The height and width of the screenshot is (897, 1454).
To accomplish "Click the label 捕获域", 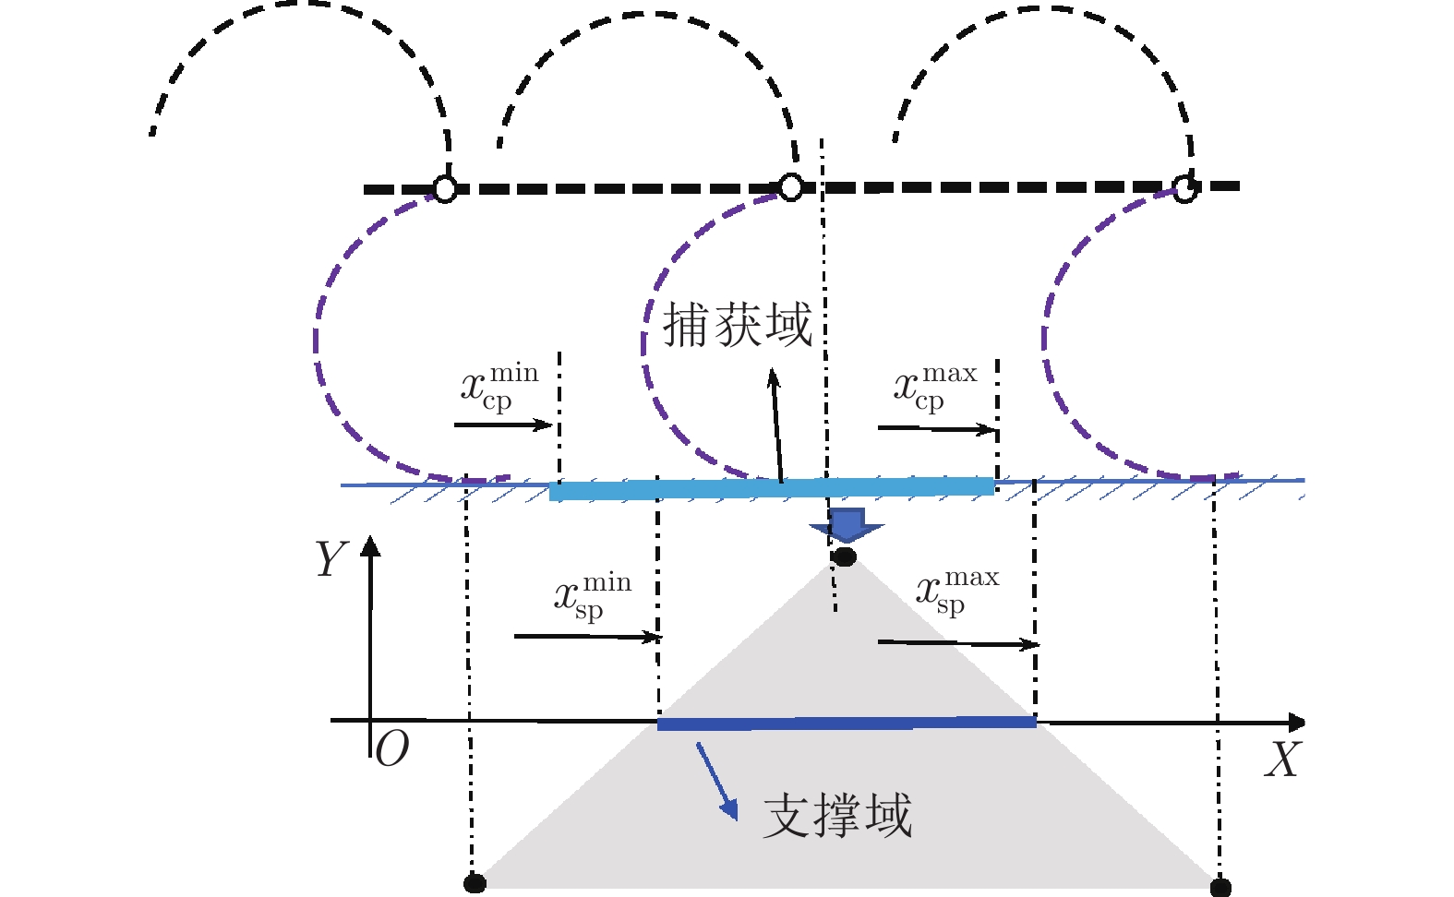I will [737, 325].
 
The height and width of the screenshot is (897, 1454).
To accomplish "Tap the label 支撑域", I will [837, 816].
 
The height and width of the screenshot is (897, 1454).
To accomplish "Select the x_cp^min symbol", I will [499, 388].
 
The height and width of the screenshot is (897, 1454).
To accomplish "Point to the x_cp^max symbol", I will [934, 388].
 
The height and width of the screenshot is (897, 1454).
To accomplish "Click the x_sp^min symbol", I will [592, 596].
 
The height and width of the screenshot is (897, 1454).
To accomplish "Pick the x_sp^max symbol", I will [956, 592].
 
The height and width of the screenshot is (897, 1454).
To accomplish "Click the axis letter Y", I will [330, 559].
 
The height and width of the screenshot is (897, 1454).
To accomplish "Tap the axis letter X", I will [1281, 760].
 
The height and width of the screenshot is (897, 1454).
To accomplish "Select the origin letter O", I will [392, 749].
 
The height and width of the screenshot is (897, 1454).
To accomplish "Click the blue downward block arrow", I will [847, 525].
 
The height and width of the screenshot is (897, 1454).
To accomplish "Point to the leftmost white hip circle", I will [445, 189].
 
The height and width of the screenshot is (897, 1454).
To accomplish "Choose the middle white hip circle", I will [790, 187].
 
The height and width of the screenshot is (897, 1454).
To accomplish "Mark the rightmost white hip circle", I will [1184, 190].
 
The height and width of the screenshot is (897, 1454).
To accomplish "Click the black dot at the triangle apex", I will [844, 556].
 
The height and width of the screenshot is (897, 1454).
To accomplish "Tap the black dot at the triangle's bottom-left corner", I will [475, 883].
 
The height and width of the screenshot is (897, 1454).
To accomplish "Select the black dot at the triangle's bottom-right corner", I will [1220, 888].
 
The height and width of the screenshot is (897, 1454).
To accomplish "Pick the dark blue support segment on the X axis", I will [846, 724].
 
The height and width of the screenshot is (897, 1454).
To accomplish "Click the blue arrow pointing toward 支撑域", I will [717, 782].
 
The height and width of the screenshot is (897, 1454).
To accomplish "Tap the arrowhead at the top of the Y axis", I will [370, 545].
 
